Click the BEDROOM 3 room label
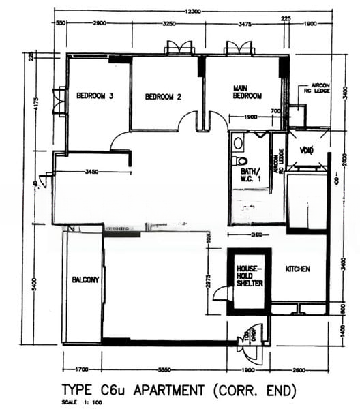95,95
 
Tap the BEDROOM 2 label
163,97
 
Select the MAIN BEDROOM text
247,92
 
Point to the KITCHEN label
297,269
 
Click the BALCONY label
86,279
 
